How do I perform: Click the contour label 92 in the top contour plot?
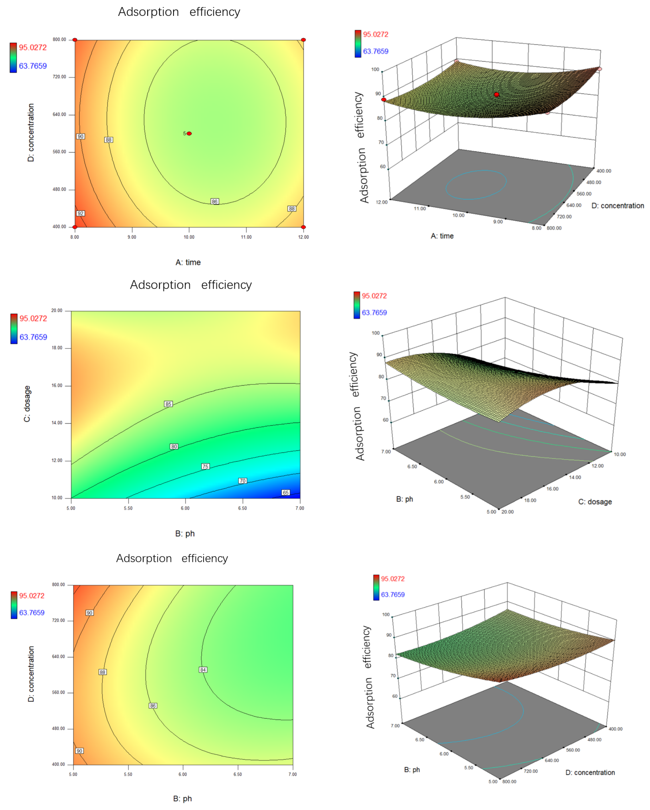click(80, 213)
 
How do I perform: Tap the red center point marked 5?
click(189, 133)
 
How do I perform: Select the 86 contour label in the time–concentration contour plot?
click(214, 201)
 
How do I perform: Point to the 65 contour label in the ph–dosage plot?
click(286, 492)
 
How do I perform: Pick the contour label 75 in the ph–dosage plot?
click(205, 466)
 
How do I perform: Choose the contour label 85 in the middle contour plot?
click(168, 404)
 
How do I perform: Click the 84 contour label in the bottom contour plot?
click(203, 670)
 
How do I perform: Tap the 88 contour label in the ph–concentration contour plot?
click(102, 672)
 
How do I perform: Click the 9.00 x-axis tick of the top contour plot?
click(132, 237)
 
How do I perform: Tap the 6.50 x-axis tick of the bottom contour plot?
click(238, 774)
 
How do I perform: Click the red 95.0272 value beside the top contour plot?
click(33, 47)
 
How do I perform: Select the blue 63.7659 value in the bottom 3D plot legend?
click(393, 595)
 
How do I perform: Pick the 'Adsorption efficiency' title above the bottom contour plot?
click(172, 558)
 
